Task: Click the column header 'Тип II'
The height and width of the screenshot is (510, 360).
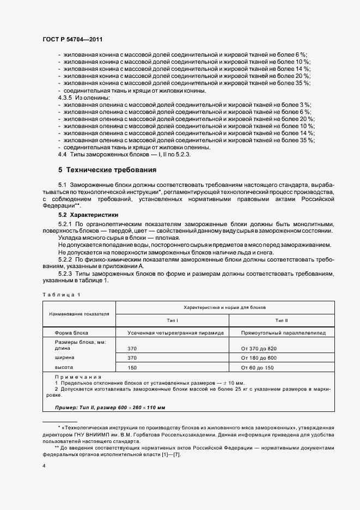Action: pyautogui.click(x=281, y=320)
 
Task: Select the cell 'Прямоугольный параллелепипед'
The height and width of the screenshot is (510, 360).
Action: pyautogui.click(x=280, y=332)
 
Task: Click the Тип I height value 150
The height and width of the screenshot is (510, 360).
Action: pyautogui.click(x=132, y=367)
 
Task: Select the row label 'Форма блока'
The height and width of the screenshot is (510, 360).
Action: pyautogui.click(x=71, y=332)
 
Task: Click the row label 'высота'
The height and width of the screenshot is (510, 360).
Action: pyautogui.click(x=64, y=367)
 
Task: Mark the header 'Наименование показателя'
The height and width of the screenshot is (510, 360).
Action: pyautogui.click(x=79, y=314)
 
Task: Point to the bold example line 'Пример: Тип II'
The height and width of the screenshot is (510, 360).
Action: pyautogui.click(x=111, y=408)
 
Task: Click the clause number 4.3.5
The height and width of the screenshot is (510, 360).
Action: pyautogui.click(x=65, y=97)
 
